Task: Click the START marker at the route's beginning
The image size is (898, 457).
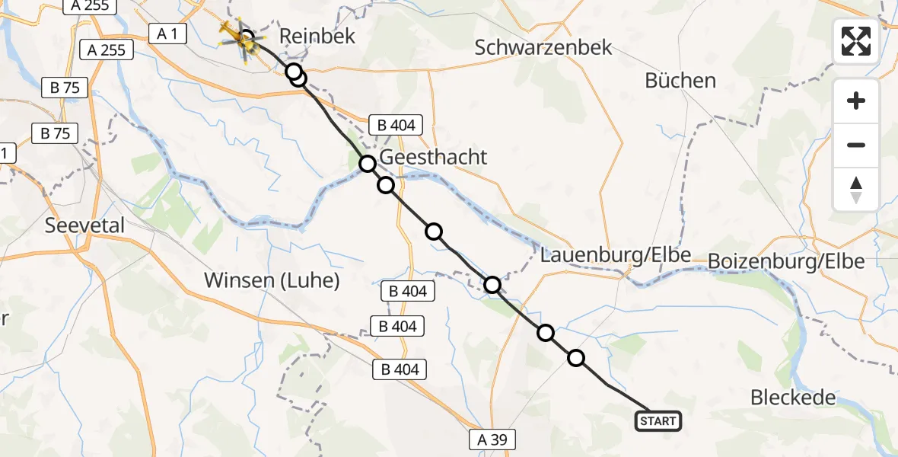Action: tap(658, 420)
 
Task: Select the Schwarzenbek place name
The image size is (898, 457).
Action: tap(543, 47)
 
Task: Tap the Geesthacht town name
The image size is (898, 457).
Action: tap(432, 158)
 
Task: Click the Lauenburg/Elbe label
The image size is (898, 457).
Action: tap(616, 256)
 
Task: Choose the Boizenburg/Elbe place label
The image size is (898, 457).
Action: tap(785, 261)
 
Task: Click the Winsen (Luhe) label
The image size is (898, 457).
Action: tap(272, 280)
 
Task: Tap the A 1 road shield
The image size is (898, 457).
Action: tap(169, 34)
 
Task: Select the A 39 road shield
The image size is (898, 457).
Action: tap(492, 439)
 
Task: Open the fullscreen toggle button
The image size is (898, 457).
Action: tap(856, 41)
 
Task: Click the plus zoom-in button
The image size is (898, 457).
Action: tap(856, 101)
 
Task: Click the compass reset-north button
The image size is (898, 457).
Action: tap(856, 190)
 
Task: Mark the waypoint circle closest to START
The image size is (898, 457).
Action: tap(576, 358)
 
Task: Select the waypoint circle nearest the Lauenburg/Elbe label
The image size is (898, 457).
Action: tap(492, 285)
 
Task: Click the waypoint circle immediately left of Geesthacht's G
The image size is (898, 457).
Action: tap(368, 163)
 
